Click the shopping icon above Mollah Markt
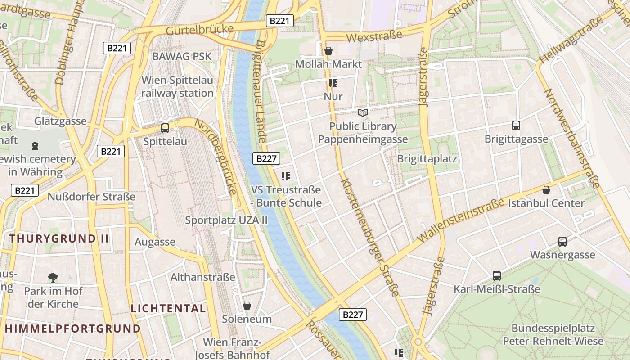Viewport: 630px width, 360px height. coord(328,50)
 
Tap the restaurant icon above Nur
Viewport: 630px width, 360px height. coord(333,83)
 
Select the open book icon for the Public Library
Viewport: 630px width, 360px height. coord(363,112)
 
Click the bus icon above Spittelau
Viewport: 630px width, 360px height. coord(165,128)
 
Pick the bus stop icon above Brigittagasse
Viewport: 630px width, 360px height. coord(516,126)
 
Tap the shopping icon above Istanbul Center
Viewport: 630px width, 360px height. coord(546,190)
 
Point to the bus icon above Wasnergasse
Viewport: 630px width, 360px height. coord(562,242)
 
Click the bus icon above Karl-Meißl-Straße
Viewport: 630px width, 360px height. coord(497,276)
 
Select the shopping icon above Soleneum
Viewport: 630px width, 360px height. coord(247,306)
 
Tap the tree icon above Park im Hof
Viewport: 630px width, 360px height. coord(53,278)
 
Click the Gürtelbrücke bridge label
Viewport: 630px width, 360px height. coord(200,30)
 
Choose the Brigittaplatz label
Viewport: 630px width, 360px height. coord(427,158)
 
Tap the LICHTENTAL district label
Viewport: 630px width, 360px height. coord(168,308)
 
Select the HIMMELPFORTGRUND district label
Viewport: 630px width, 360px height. coord(73,328)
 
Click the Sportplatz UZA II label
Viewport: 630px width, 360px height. coord(226,220)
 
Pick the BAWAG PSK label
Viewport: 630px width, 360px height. coord(182,56)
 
